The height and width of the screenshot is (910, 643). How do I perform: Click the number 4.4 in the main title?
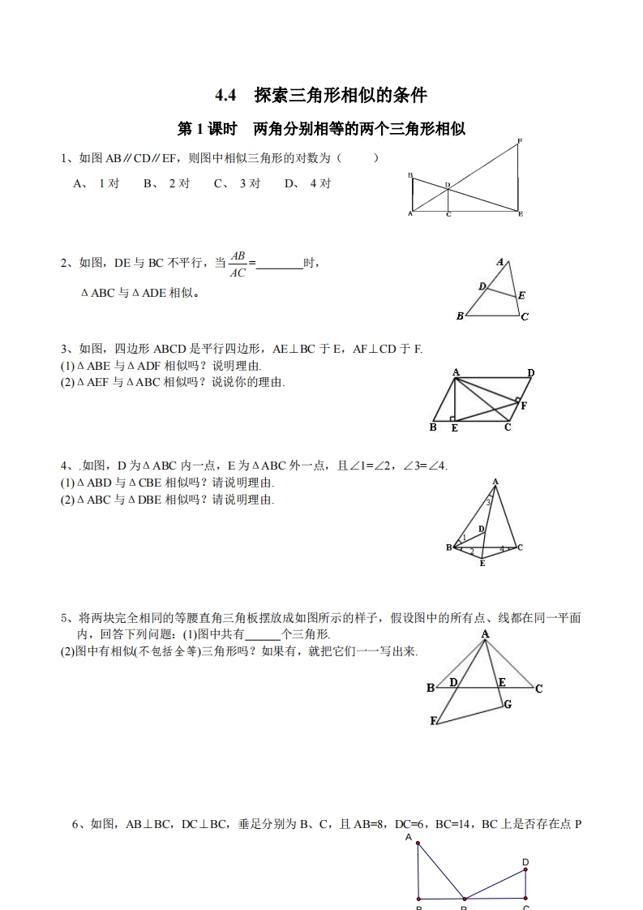[x=225, y=95]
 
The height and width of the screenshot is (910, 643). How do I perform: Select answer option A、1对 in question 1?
[x=96, y=183]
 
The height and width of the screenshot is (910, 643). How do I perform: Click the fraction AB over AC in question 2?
[x=238, y=264]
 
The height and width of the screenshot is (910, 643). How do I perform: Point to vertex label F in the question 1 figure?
[x=519, y=142]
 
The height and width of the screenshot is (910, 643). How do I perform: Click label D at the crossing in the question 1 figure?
[x=447, y=185]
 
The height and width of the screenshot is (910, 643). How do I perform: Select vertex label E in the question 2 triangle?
[x=521, y=295]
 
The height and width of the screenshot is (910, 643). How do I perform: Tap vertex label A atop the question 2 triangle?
[x=500, y=262]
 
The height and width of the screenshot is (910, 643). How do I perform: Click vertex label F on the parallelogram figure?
[x=524, y=405]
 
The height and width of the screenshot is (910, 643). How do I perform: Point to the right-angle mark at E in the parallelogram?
[x=452, y=419]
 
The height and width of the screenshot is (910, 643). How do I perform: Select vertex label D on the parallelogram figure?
[x=530, y=373]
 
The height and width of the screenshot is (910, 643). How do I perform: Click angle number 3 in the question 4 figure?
[x=488, y=503]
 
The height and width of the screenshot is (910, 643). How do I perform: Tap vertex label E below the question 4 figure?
[x=482, y=563]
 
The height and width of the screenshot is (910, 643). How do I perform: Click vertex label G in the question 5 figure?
[x=508, y=704]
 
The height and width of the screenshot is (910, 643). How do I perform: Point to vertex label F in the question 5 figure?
[x=434, y=721]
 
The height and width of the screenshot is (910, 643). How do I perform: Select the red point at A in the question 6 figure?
[x=418, y=844]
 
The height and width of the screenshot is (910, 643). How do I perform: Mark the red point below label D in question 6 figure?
[x=525, y=870]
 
